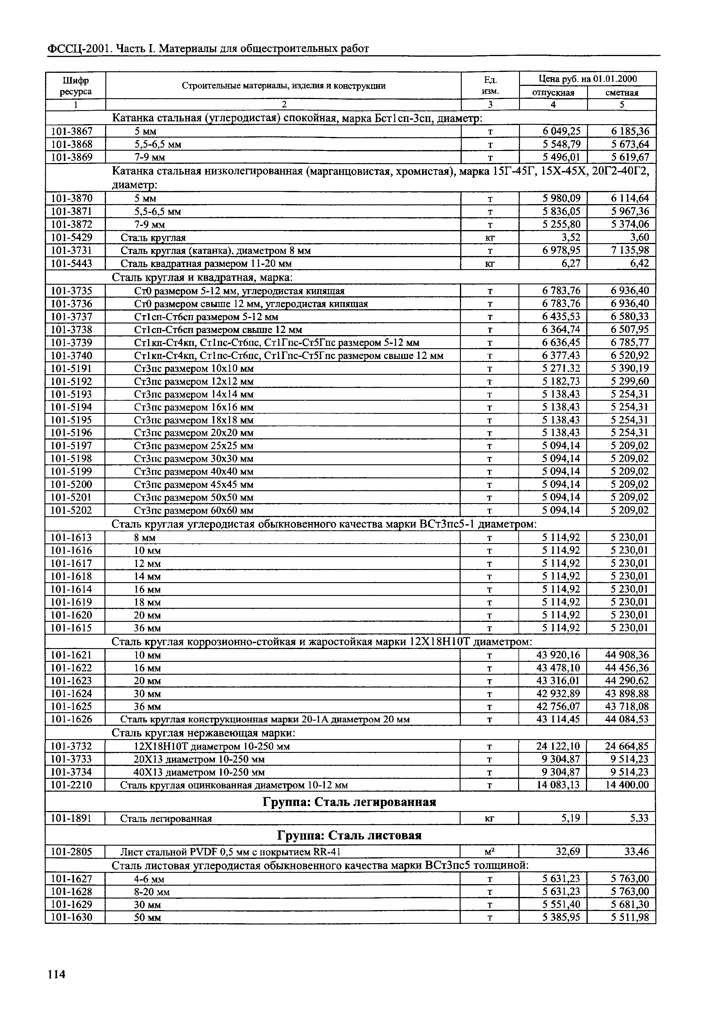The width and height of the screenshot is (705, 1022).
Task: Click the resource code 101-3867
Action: pos(72,131)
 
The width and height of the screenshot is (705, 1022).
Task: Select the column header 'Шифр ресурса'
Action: pos(76,86)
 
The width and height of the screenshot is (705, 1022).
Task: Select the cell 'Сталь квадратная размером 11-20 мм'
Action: pos(206,264)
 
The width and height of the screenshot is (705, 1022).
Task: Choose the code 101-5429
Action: pos(72,238)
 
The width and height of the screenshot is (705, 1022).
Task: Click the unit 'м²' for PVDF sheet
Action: pos(490,852)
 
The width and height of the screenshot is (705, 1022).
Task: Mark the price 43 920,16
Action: pos(558,655)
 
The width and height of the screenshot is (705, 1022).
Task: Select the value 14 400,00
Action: pos(627,785)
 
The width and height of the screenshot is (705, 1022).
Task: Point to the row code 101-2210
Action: pos(72,785)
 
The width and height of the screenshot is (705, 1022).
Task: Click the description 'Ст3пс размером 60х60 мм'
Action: pos(193,511)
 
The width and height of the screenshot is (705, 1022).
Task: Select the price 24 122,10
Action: pos(558,746)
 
